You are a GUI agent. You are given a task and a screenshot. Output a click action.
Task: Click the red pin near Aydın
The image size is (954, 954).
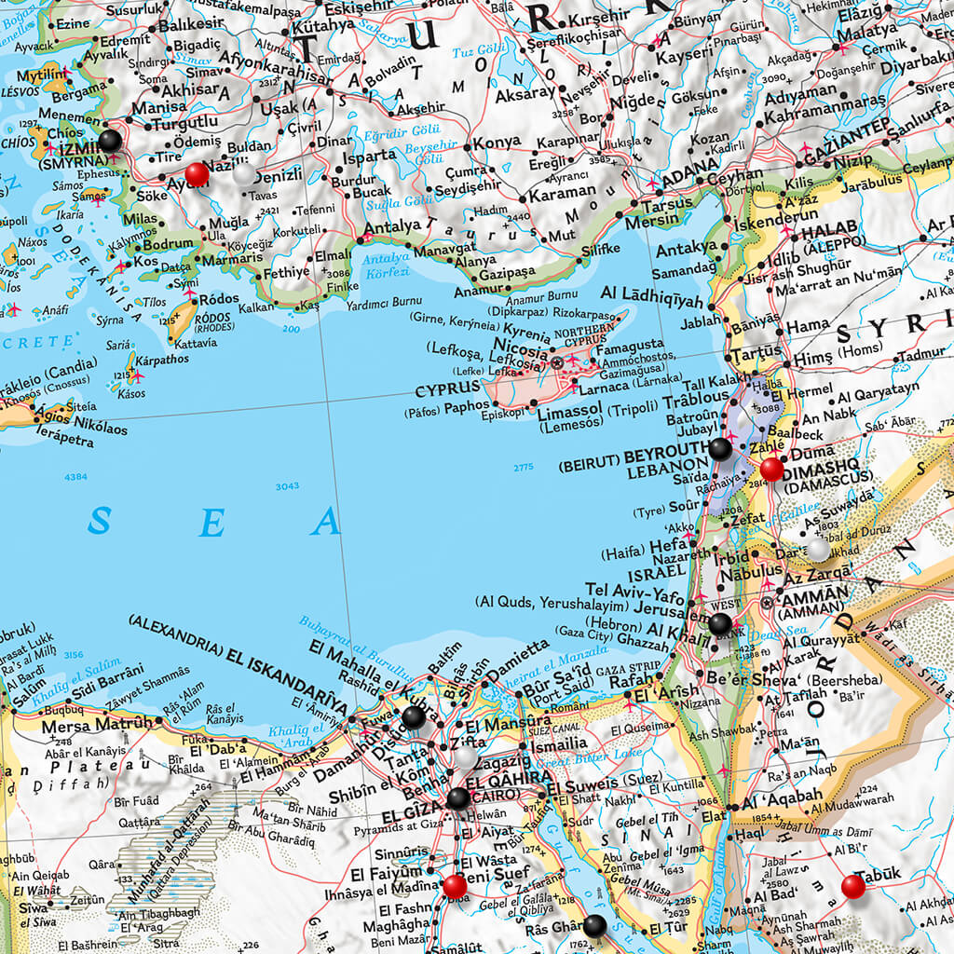pos(197,174)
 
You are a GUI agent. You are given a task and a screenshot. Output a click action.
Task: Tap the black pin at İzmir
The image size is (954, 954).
pos(110,141)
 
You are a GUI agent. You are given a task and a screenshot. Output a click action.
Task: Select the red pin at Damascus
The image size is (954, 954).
pos(771,470)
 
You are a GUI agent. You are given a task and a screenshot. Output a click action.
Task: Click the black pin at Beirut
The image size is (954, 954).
pos(720,449)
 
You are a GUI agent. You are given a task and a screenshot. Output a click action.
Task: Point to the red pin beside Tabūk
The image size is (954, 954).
pos(852,886)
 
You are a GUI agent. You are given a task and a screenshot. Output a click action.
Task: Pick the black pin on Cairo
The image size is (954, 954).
pos(457,798)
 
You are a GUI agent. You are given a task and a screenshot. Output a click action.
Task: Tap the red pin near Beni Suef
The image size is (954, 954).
pos(455,885)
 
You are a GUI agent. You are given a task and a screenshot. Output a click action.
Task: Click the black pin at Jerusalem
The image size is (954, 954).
pos(720,623)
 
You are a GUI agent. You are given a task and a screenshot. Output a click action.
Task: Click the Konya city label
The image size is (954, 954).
pos(497,143)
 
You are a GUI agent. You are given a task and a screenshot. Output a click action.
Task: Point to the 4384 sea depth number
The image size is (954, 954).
pos(75,477)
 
